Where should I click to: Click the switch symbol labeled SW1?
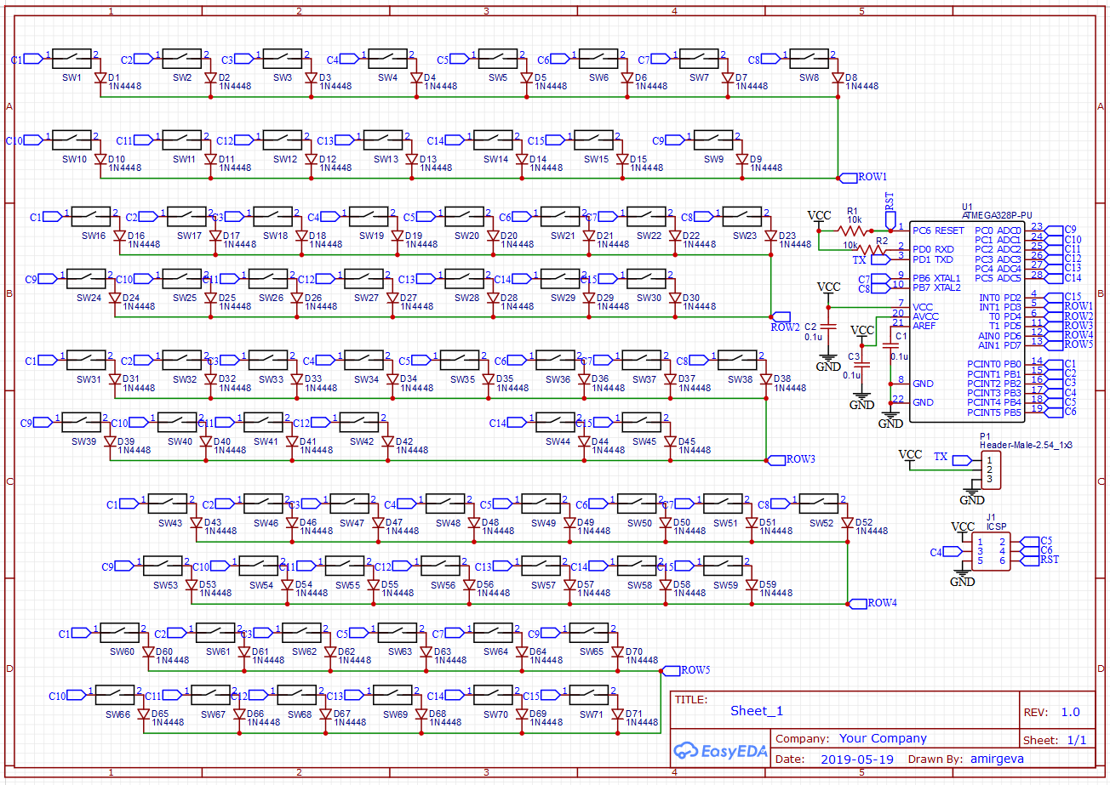[72, 59]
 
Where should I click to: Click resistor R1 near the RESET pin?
[854, 230]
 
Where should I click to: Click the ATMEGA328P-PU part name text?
[986, 216]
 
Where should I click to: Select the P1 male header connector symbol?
[990, 469]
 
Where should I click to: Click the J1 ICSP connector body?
[991, 551]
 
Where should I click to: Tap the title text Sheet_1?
[756, 711]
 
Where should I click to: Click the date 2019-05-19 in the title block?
[856, 759]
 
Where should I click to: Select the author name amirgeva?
[997, 759]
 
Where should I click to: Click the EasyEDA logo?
[720, 751]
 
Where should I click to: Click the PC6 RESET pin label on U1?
[938, 230]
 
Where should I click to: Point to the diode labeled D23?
[771, 236]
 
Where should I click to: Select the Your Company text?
[883, 738]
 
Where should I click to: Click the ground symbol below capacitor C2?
[828, 361]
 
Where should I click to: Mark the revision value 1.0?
[1070, 712]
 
